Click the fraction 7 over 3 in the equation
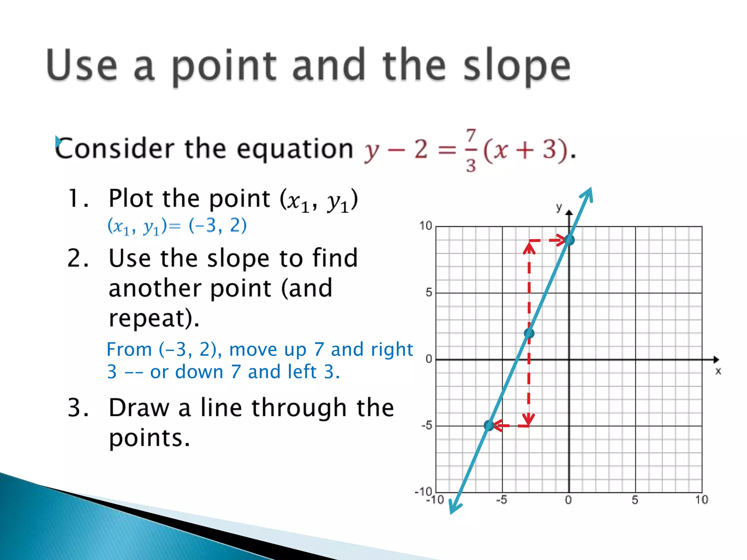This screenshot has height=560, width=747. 471,150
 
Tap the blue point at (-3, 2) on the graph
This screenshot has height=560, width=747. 529,333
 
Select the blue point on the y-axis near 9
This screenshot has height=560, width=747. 569,240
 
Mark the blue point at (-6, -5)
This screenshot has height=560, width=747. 489,425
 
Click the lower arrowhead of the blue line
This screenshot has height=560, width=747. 453,509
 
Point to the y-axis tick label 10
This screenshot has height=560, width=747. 425,226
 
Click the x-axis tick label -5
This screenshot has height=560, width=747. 502,500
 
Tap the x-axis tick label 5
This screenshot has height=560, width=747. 635,500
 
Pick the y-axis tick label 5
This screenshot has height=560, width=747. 429,292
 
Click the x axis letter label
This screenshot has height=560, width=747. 718,371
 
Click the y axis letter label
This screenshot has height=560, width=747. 559,207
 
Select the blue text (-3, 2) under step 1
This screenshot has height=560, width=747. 217,226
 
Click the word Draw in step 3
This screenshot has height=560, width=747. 139,408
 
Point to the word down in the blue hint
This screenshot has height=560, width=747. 199,372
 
